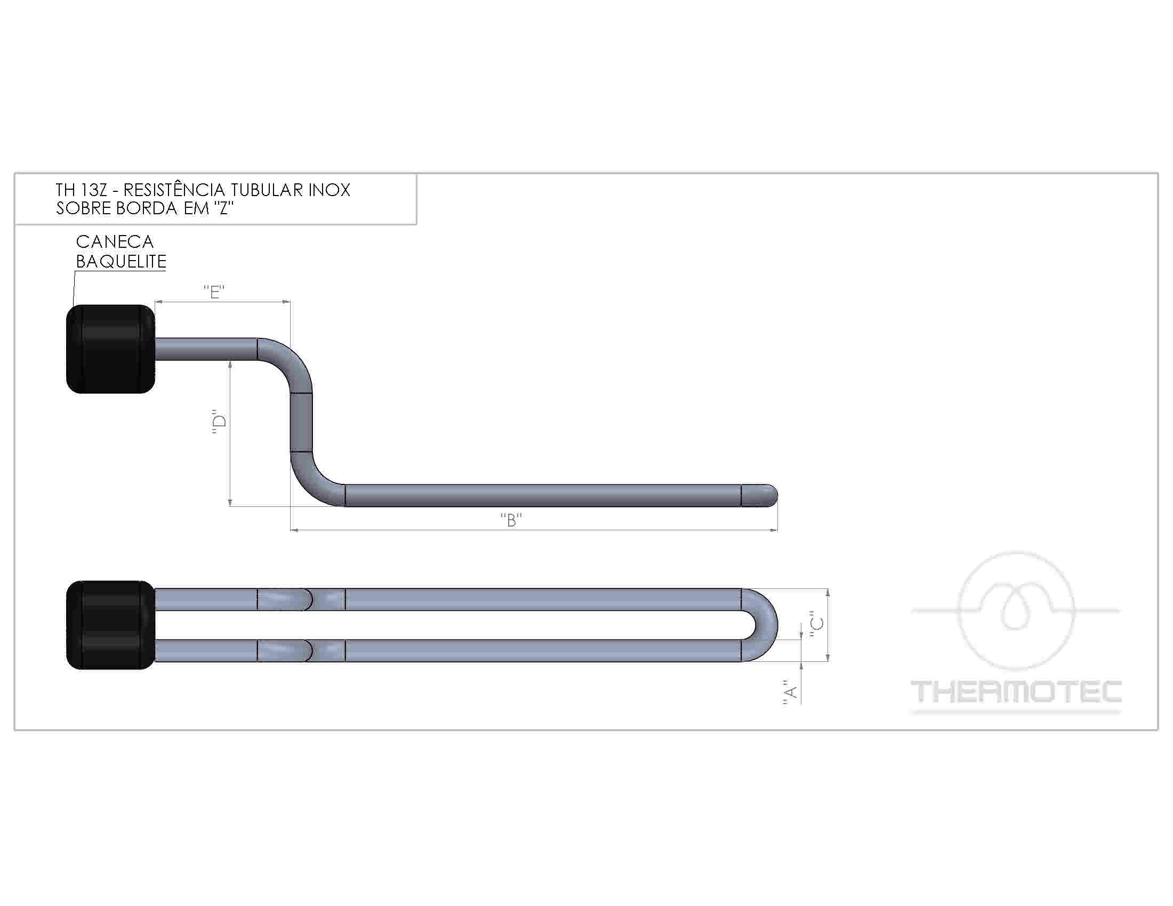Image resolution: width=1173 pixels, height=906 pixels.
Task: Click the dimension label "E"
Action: pos(214,292)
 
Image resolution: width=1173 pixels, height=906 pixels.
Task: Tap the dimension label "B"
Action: pos(511,520)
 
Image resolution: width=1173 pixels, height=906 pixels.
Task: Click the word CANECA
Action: pos(115,242)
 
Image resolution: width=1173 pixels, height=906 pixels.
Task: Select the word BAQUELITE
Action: pos(122,261)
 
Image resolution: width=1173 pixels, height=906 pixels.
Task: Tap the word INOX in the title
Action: pos(329,190)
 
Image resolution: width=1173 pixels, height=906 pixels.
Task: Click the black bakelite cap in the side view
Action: pos(111,349)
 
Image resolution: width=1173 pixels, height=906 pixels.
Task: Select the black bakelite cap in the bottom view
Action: pos(111,625)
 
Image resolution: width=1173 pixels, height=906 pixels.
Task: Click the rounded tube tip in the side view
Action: pos(759,496)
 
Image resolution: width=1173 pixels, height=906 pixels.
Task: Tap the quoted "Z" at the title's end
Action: pos(225,208)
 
